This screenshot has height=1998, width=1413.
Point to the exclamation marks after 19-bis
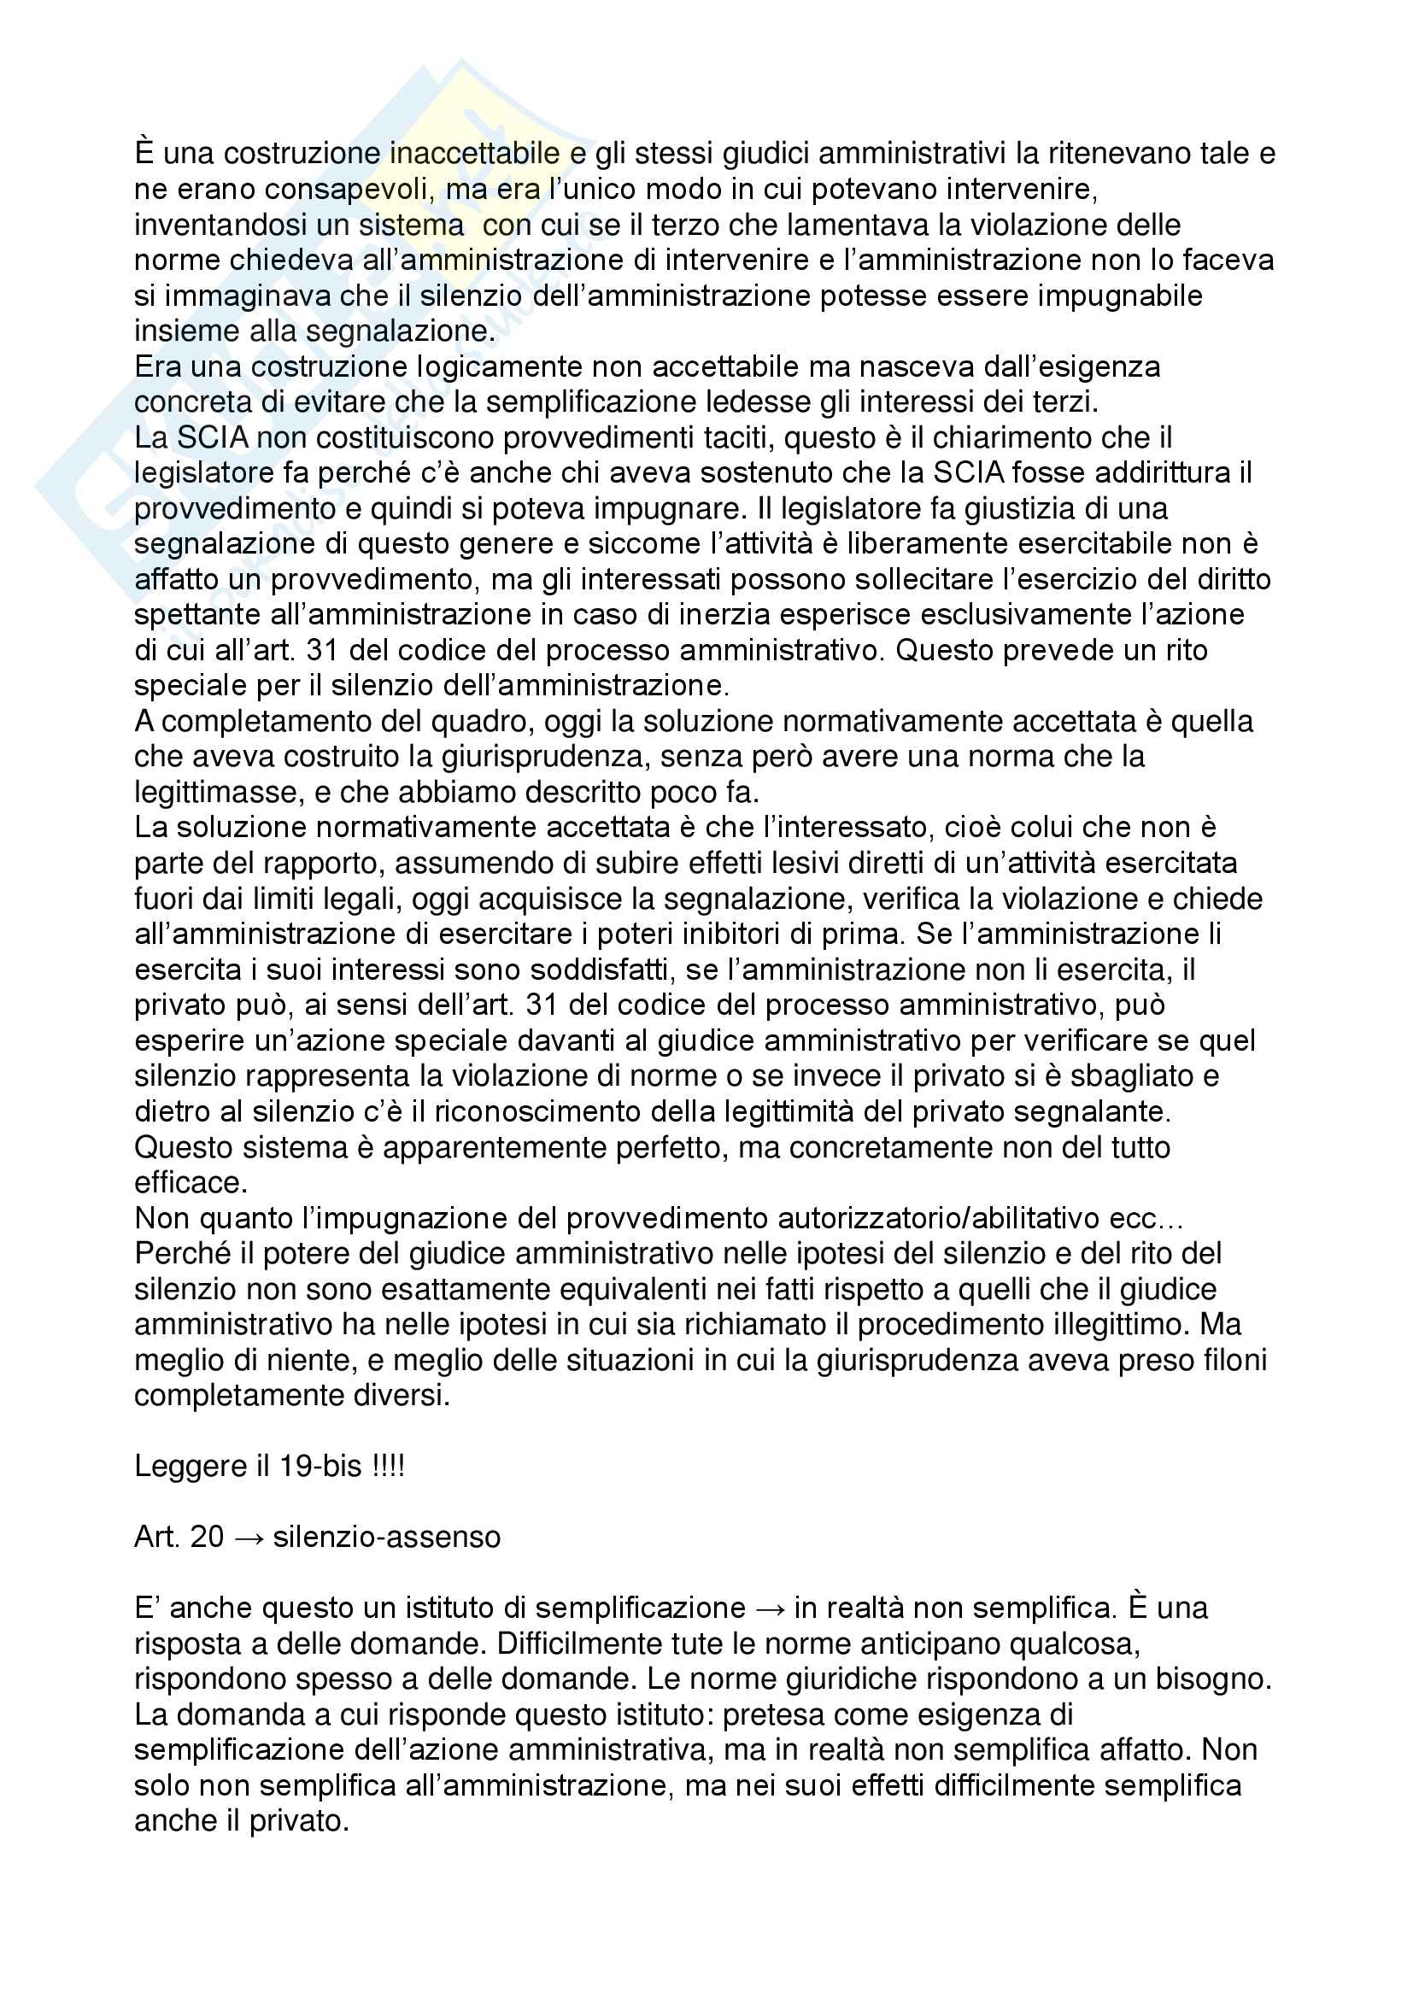[x=388, y=1468]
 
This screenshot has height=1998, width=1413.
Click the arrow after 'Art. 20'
[x=248, y=1538]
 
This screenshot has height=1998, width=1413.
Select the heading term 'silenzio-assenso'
[x=386, y=1538]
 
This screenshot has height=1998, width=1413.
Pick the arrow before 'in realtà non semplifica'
[x=769, y=1609]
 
